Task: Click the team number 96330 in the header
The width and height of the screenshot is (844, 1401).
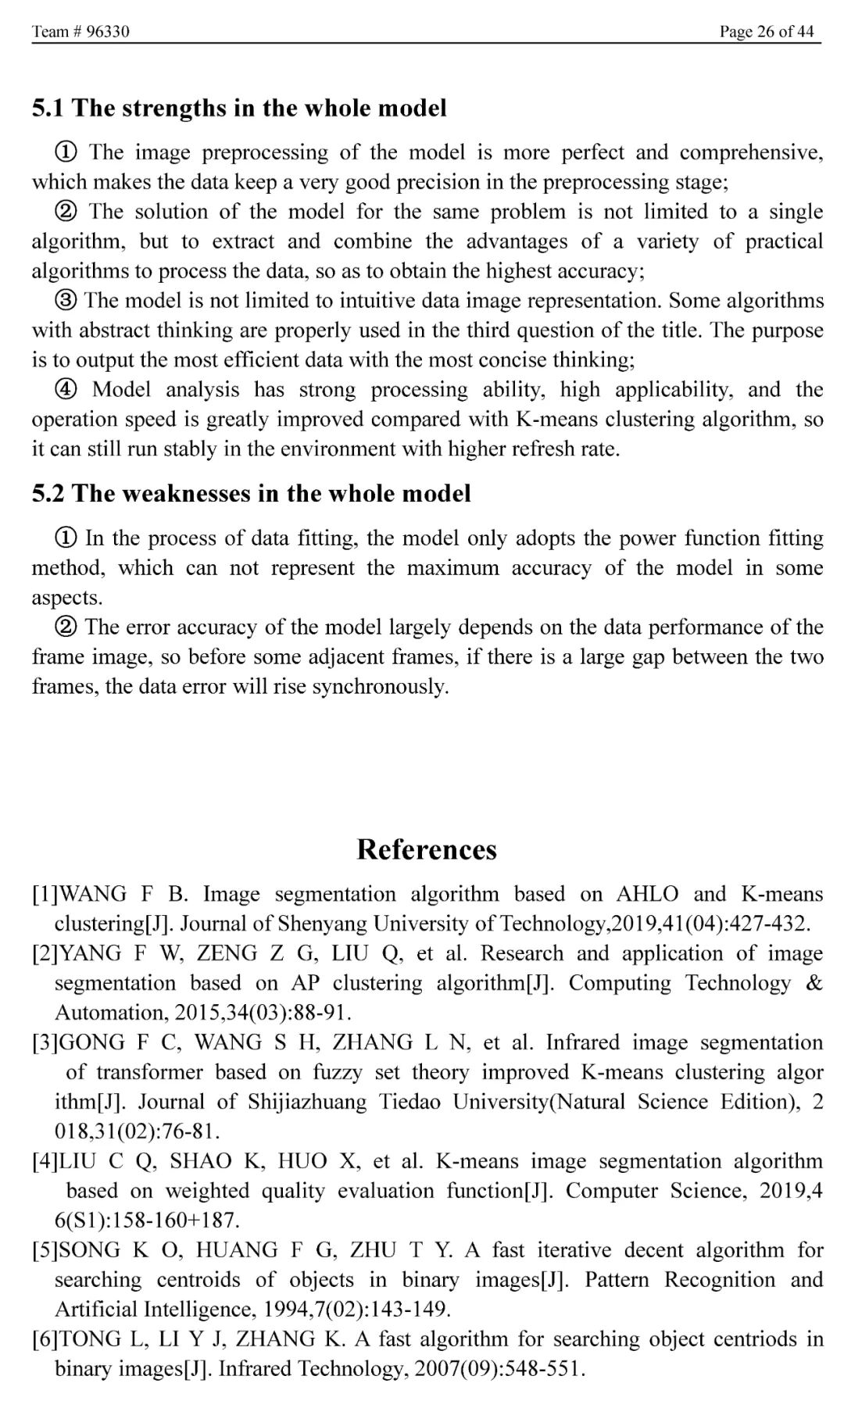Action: pyautogui.click(x=108, y=31)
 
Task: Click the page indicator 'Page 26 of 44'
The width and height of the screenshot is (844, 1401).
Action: pyautogui.click(x=767, y=31)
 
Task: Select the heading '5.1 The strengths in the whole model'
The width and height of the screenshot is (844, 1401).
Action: pyautogui.click(x=239, y=108)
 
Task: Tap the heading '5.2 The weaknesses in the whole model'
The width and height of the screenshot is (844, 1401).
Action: pyautogui.click(x=251, y=494)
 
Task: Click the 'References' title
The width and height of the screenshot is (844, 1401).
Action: pyautogui.click(x=427, y=849)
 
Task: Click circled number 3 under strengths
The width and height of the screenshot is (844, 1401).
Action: pyautogui.click(x=66, y=301)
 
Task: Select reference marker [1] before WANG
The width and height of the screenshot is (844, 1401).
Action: pyautogui.click(x=45, y=894)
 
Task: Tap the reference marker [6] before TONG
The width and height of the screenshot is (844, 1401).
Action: pyautogui.click(x=45, y=1339)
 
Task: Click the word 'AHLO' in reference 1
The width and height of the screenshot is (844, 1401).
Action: pyautogui.click(x=647, y=894)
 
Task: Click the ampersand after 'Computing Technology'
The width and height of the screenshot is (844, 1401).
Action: pyautogui.click(x=814, y=983)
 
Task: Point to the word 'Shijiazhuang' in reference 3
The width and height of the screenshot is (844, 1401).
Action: pyautogui.click(x=307, y=1102)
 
